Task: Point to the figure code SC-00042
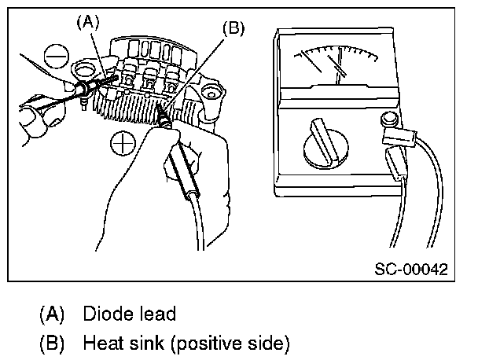(x=410, y=269)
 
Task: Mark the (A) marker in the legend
(x=52, y=314)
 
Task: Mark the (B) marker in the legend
(x=52, y=343)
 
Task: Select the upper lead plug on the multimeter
(x=398, y=138)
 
